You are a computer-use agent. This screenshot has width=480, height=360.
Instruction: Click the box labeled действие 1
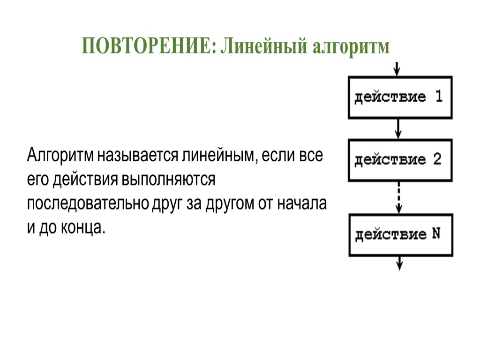pyautogui.click(x=399, y=97)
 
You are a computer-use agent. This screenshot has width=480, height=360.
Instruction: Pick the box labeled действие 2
pyautogui.click(x=399, y=159)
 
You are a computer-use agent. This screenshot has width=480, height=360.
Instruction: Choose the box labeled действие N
pyautogui.click(x=399, y=234)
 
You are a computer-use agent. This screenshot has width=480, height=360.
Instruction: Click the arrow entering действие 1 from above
pyautogui.click(x=397, y=68)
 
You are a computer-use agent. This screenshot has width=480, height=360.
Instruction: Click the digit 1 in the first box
pyautogui.click(x=438, y=97)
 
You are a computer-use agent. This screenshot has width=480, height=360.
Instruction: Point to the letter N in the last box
pyautogui.click(x=435, y=234)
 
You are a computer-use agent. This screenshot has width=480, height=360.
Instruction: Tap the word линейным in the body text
pyautogui.click(x=217, y=156)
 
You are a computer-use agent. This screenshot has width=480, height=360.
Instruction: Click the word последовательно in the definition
pyautogui.click(x=88, y=204)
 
